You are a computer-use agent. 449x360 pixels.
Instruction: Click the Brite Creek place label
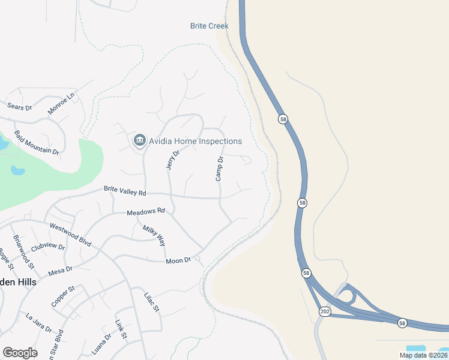point(209,26)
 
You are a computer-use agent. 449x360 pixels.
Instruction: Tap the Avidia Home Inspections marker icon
point(139,140)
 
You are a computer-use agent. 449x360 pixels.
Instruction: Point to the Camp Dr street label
point(220,169)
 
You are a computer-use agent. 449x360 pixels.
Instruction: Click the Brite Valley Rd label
point(125,190)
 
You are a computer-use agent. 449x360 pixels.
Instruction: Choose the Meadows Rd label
point(145,212)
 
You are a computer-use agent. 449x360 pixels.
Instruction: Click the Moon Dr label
point(178,260)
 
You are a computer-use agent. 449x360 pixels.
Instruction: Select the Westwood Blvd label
point(70,235)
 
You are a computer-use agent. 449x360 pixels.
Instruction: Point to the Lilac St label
point(151,302)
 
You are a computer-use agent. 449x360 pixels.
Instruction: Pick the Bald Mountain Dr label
point(37,143)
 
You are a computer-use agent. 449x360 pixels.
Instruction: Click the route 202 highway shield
point(325,311)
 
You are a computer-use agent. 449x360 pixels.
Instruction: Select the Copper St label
point(63,296)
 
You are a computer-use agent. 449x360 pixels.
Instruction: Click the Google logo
point(20,353)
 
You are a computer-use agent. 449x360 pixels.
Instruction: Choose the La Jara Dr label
point(39,321)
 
